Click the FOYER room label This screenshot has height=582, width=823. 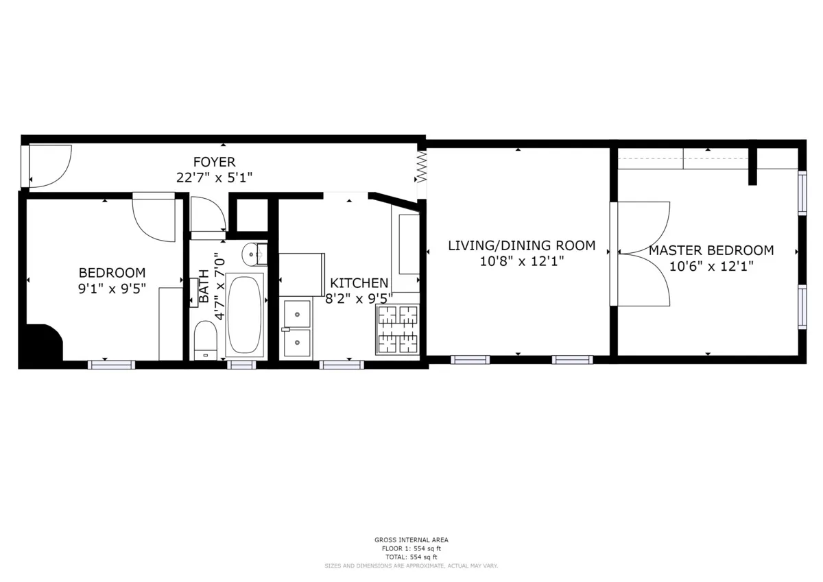point(214,162)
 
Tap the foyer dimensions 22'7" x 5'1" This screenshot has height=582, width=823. point(214,178)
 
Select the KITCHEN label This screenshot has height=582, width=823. point(359,283)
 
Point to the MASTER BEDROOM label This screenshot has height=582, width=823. point(711,250)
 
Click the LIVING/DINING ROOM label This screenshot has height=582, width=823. point(521,245)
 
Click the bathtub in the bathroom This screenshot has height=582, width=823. point(245,314)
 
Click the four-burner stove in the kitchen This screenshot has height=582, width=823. point(397,330)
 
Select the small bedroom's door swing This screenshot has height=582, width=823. point(154,219)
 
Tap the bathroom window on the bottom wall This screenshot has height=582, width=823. point(241,365)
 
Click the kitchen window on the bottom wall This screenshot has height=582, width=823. point(342,365)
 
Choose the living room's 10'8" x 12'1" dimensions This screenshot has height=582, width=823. point(521,261)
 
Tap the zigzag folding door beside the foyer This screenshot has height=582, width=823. point(422,167)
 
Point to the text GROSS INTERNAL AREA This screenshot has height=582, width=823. point(411,540)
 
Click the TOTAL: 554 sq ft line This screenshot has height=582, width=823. point(411,557)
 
